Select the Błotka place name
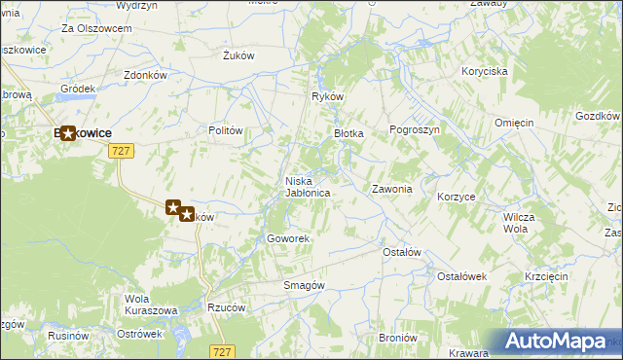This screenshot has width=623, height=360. [348, 134]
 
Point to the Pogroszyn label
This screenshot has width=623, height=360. [415, 129]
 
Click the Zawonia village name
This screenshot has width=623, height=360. [392, 189]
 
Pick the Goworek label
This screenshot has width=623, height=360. [287, 238]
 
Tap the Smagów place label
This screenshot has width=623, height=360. [303, 285]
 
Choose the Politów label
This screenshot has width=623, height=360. [225, 129]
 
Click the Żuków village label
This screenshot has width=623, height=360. [238, 55]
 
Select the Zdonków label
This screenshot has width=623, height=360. [146, 75]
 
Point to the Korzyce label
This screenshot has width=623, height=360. [457, 197]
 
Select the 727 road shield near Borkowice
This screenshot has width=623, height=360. [121, 150]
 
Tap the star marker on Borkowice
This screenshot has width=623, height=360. [67, 133]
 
